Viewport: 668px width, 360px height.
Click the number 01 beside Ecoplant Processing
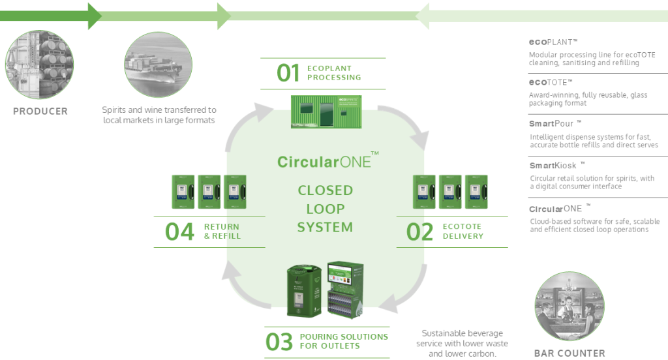point(288,73)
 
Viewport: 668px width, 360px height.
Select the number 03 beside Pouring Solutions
point(279,342)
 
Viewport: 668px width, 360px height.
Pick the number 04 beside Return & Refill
point(179,232)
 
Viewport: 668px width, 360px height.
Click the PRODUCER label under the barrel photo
point(40,112)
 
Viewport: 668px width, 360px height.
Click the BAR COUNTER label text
point(569,353)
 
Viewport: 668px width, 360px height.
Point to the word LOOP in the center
point(325,209)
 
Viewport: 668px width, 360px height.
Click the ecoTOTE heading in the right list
point(551,82)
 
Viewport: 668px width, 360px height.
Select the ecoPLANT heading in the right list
point(553,41)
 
